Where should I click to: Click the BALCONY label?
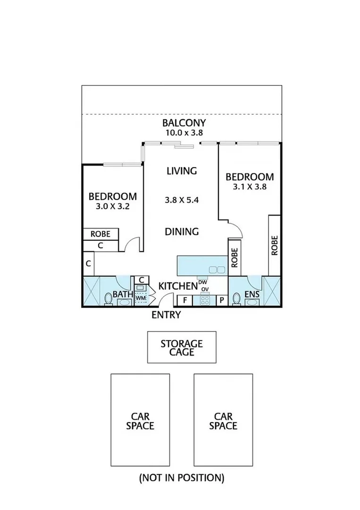[184, 123]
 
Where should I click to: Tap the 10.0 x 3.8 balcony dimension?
[184, 133]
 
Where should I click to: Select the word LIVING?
[182, 171]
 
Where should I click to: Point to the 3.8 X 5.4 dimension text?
[182, 200]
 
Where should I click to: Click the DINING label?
[182, 232]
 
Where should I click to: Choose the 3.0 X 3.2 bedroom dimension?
[113, 206]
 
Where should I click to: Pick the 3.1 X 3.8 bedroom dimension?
[250, 187]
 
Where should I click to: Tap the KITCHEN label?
[177, 286]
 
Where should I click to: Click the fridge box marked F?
[184, 300]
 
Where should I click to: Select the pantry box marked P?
[221, 300]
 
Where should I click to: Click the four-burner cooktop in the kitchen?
[205, 299]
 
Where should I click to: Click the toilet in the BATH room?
[109, 299]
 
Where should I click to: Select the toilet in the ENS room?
[237, 299]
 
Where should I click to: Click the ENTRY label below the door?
[166, 315]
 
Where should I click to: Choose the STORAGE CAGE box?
[182, 347]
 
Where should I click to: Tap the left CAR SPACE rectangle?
[140, 420]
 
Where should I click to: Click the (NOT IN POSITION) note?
[182, 477]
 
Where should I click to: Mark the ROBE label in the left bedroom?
[100, 234]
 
